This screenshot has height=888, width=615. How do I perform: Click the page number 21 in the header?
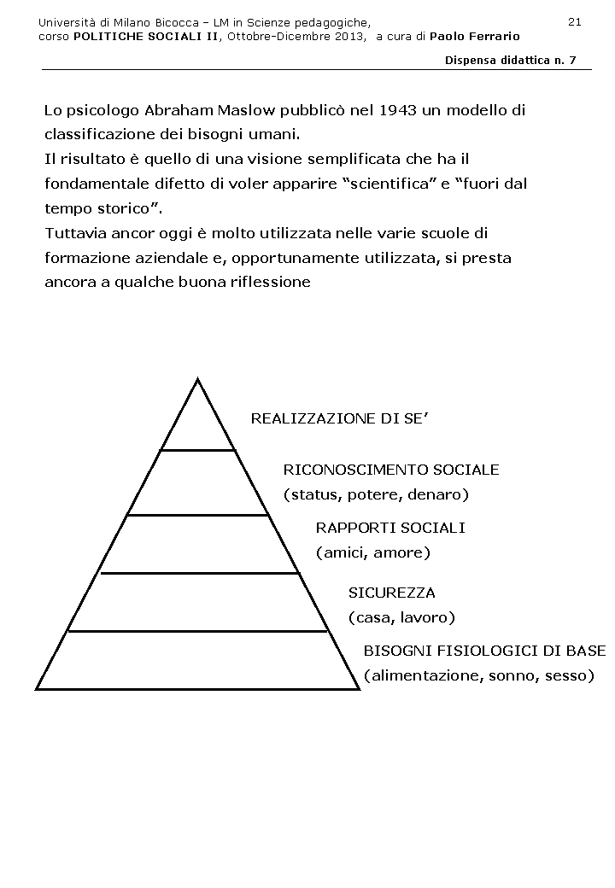click(574, 21)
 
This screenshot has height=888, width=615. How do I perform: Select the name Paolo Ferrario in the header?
click(475, 37)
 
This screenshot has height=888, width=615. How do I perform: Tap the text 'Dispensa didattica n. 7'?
click(511, 61)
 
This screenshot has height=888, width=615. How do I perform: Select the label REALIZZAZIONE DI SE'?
click(337, 418)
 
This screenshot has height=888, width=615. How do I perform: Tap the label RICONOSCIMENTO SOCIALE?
click(391, 470)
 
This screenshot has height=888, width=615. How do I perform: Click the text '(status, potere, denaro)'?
click(377, 494)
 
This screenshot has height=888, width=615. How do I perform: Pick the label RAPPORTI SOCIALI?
click(390, 528)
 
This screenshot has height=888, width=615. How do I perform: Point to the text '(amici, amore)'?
click(373, 552)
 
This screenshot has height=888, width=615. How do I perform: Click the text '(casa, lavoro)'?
click(401, 617)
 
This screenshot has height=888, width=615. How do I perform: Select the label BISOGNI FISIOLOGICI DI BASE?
click(484, 651)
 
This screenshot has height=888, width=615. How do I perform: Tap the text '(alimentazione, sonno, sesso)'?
click(478, 675)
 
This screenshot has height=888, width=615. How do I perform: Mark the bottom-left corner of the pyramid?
click(37, 688)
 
